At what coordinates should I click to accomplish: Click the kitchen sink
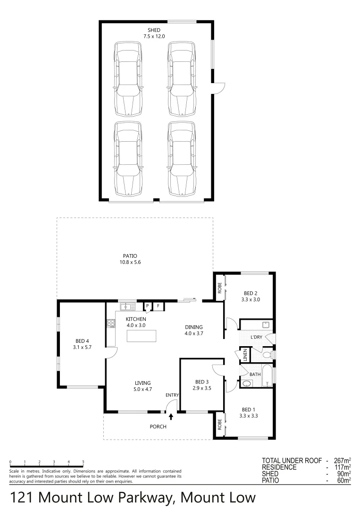click(127, 307)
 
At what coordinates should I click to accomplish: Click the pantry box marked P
click(147, 306)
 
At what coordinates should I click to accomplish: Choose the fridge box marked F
click(158, 306)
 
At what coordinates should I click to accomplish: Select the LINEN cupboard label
click(245, 355)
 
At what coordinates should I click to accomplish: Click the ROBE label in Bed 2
click(219, 289)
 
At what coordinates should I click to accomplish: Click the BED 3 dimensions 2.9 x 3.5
click(202, 389)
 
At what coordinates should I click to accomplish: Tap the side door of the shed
click(218, 88)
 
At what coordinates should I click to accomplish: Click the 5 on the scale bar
click(84, 462)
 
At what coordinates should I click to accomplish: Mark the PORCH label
click(158, 426)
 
